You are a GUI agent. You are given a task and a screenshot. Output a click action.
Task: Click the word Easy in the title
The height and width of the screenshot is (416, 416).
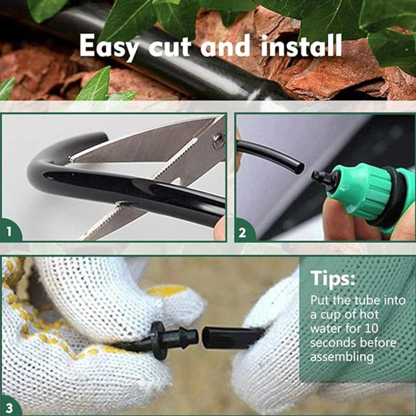click(x=110, y=46)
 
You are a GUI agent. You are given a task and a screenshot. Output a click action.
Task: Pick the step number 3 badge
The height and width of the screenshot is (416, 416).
click(x=10, y=405)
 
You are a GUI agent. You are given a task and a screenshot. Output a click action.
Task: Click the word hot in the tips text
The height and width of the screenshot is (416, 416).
click(x=370, y=315)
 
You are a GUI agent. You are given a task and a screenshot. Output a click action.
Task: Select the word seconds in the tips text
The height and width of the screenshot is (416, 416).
click(x=333, y=343)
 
